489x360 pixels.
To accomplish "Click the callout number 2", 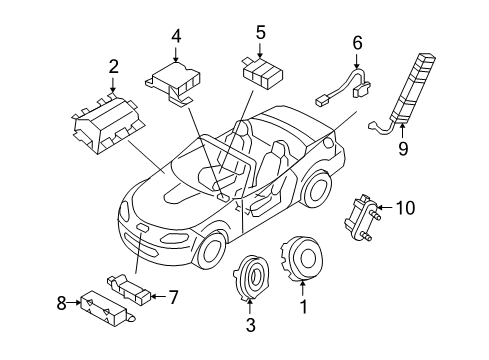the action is click(x=114, y=67).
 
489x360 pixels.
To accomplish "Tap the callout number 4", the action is click(x=176, y=36).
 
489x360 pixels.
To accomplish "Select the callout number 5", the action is click(x=260, y=32).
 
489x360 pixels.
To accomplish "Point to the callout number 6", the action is click(x=357, y=43).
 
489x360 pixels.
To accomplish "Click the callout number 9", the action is click(x=403, y=148).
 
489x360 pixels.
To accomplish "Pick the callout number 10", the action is click(x=405, y=208).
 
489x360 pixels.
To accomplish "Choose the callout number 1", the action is click(x=303, y=306).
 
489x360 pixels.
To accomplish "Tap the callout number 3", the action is click(x=250, y=325).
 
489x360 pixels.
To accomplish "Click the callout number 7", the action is click(x=173, y=297).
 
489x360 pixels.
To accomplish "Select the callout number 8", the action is click(x=61, y=303).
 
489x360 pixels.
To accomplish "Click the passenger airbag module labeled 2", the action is click(x=109, y=125).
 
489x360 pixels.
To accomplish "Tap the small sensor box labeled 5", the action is click(x=262, y=73).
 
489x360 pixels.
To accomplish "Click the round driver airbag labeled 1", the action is click(x=302, y=259).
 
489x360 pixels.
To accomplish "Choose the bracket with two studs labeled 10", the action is click(x=362, y=217).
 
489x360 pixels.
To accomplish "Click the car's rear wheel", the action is click(x=317, y=189).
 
